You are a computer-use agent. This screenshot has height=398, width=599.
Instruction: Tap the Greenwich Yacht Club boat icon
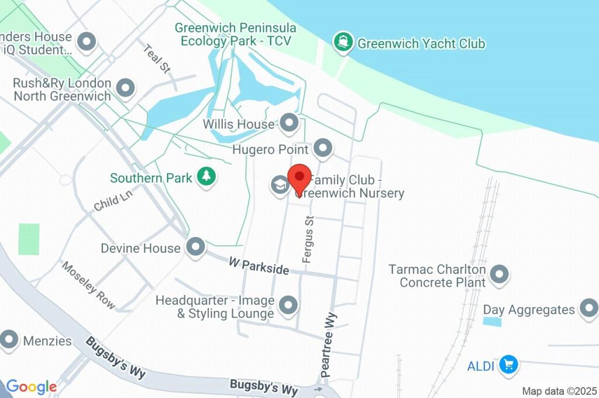click(x=342, y=42)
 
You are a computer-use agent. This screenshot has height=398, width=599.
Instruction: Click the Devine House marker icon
click(x=195, y=246)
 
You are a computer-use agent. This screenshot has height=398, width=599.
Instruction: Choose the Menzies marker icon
click(x=10, y=339)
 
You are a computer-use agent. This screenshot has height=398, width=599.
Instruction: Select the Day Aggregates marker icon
click(x=587, y=308)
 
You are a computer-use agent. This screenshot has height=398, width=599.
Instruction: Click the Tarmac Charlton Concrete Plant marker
click(x=499, y=273)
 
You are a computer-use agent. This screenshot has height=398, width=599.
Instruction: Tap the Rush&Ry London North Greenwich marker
click(x=125, y=88)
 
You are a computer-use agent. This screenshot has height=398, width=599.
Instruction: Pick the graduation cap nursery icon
click(x=280, y=184)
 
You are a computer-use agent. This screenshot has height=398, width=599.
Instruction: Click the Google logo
click(x=31, y=387)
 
